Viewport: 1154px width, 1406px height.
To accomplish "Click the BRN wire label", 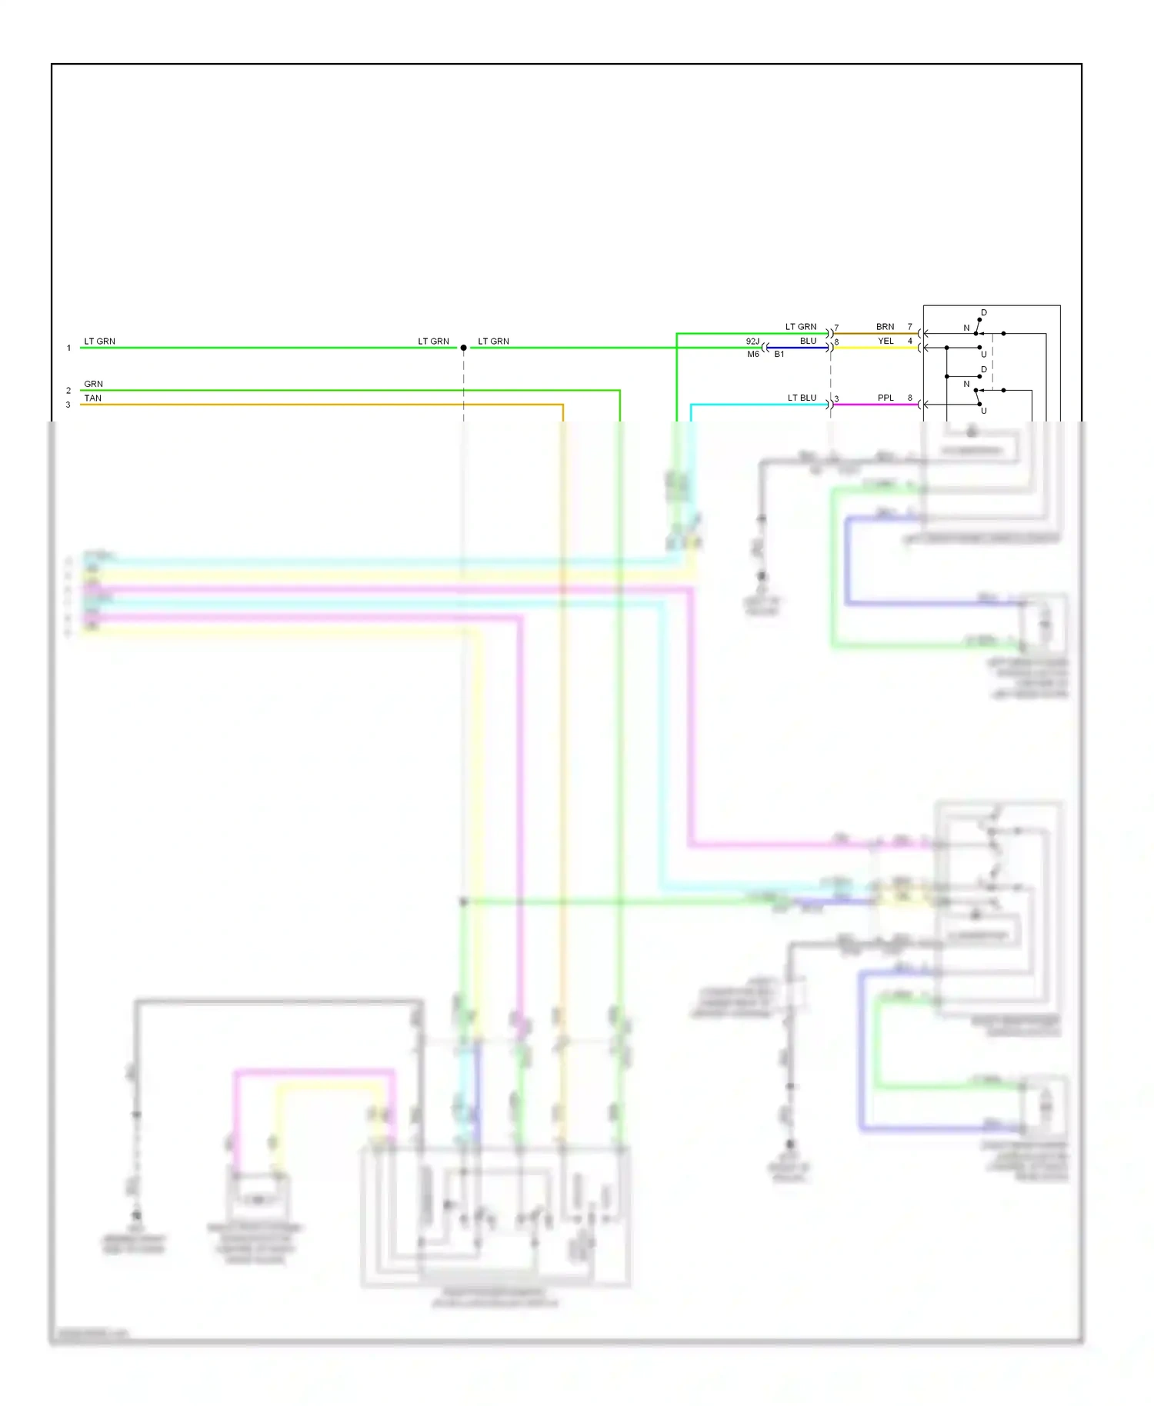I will pos(885,327).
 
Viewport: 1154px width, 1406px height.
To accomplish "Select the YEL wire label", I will pos(886,341).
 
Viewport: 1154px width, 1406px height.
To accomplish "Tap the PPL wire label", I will pos(886,398).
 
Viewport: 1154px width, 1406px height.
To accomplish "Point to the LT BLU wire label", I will pos(802,398).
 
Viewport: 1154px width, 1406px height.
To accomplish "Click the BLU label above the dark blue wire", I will pos(808,341).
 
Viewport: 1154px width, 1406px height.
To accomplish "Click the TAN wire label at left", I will pos(92,398).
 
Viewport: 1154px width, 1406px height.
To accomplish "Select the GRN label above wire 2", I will pos(93,384).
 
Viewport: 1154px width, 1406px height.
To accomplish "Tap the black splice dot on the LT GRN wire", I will pos(463,348).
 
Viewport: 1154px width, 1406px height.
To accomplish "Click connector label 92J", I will pos(752,341).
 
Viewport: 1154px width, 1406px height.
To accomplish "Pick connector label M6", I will pos(752,355).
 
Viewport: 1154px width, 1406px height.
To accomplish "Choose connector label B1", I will pos(779,355).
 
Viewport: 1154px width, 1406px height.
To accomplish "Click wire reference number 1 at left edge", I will pos(68,348).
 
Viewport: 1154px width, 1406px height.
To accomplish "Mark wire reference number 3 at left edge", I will pos(68,405).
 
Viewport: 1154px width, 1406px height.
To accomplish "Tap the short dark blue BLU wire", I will pos(797,348).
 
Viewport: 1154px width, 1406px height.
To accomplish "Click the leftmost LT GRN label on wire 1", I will pos(99,341).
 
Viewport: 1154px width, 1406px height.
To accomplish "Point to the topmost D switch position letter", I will pos(983,312).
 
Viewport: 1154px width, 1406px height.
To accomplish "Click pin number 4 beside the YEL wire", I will pos(909,341).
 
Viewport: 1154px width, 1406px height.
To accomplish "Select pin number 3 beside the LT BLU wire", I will pos(836,398).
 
